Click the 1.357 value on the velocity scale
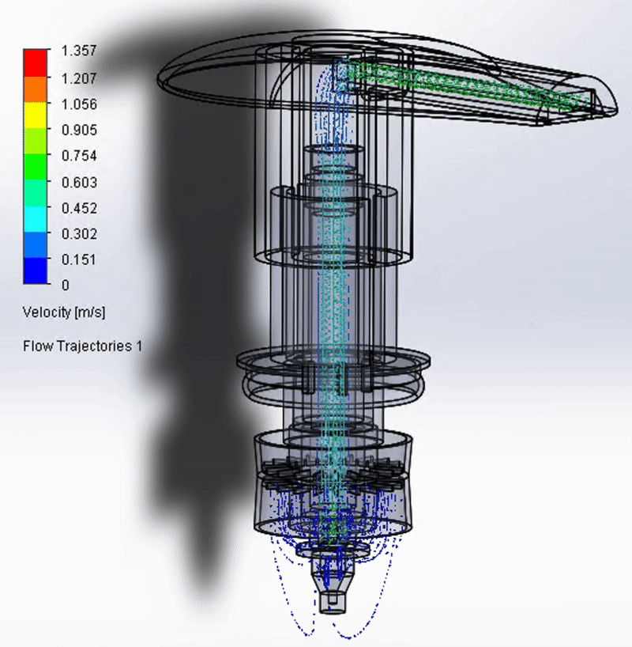point(79,51)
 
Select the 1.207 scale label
point(79,78)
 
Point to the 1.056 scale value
point(79,104)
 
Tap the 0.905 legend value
point(79,130)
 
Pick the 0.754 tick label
point(79,156)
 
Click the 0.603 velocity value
point(79,183)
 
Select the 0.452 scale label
point(79,208)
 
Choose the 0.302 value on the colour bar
point(79,234)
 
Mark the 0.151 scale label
point(79,260)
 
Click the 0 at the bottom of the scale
point(65,285)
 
